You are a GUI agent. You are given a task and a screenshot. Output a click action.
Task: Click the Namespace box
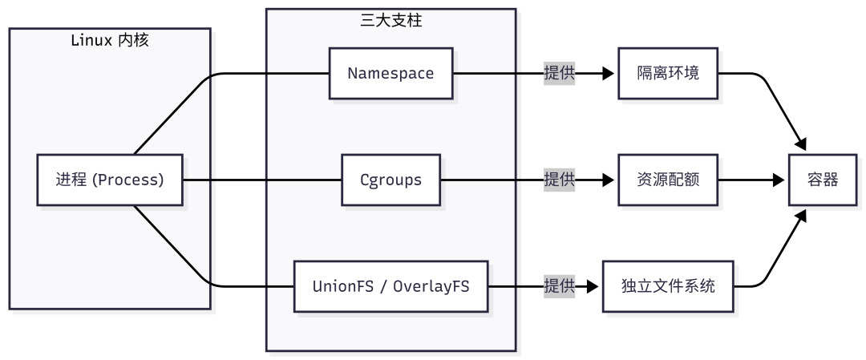[x=391, y=73]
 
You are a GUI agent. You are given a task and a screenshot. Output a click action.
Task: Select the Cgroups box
[x=391, y=180]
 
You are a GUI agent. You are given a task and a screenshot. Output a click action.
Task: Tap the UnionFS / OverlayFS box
[x=391, y=286]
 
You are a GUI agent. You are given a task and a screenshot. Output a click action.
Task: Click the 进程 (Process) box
[x=110, y=180]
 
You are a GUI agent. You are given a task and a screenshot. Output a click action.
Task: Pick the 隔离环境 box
[x=667, y=73]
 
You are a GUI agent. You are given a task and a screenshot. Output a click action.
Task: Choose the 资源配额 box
[x=667, y=180]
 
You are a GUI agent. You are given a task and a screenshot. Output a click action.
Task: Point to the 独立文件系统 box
[x=667, y=286]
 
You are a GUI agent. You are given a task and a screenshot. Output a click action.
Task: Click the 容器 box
[x=822, y=180]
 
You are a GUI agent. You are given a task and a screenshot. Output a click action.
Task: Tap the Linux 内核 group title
[x=110, y=40]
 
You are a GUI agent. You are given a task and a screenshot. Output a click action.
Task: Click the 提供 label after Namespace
[x=559, y=73]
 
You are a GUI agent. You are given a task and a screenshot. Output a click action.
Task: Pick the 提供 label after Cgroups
[x=559, y=180]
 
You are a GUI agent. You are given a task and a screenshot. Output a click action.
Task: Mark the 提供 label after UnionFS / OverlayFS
[x=559, y=286]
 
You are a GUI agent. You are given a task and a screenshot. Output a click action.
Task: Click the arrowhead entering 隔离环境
[x=612, y=73]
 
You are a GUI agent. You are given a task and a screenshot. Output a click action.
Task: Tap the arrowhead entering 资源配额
[x=612, y=180]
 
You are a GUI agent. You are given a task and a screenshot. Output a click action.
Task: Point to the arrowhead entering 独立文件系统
[x=596, y=286]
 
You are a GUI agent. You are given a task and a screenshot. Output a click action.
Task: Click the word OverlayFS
[x=434, y=286]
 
